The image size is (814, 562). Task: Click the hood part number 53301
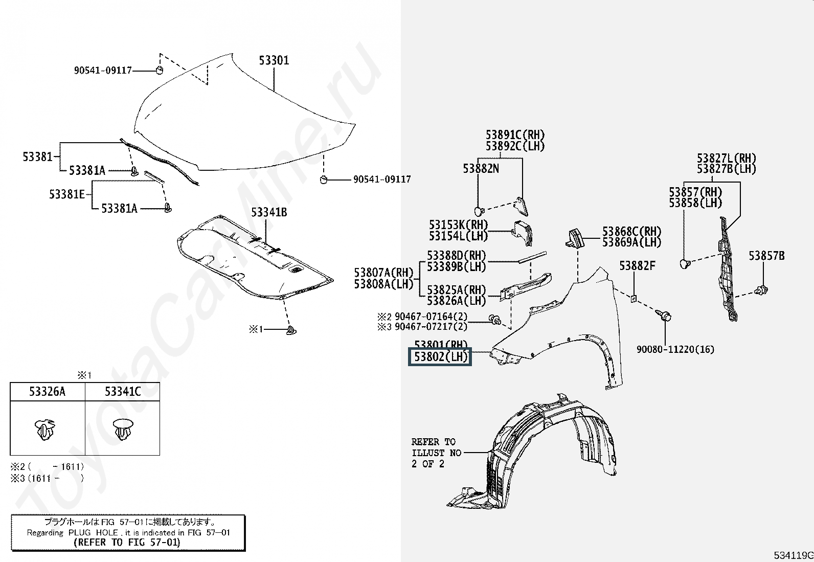(274, 60)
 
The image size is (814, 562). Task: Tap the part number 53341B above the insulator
(268, 212)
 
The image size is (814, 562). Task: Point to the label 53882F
(637, 266)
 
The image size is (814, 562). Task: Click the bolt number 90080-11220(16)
(675, 349)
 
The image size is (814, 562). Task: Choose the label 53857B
(766, 256)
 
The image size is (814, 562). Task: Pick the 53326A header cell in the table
(47, 392)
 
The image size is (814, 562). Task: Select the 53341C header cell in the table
(123, 392)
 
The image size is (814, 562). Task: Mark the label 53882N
(481, 168)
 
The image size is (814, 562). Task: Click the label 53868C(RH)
(631, 232)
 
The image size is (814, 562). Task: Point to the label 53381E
(67, 194)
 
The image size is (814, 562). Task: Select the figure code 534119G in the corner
(793, 555)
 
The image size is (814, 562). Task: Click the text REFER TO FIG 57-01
(127, 543)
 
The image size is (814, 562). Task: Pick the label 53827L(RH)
(726, 158)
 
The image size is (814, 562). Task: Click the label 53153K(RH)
(458, 225)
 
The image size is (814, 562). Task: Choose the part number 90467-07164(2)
(431, 317)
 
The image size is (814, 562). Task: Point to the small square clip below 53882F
(634, 298)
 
